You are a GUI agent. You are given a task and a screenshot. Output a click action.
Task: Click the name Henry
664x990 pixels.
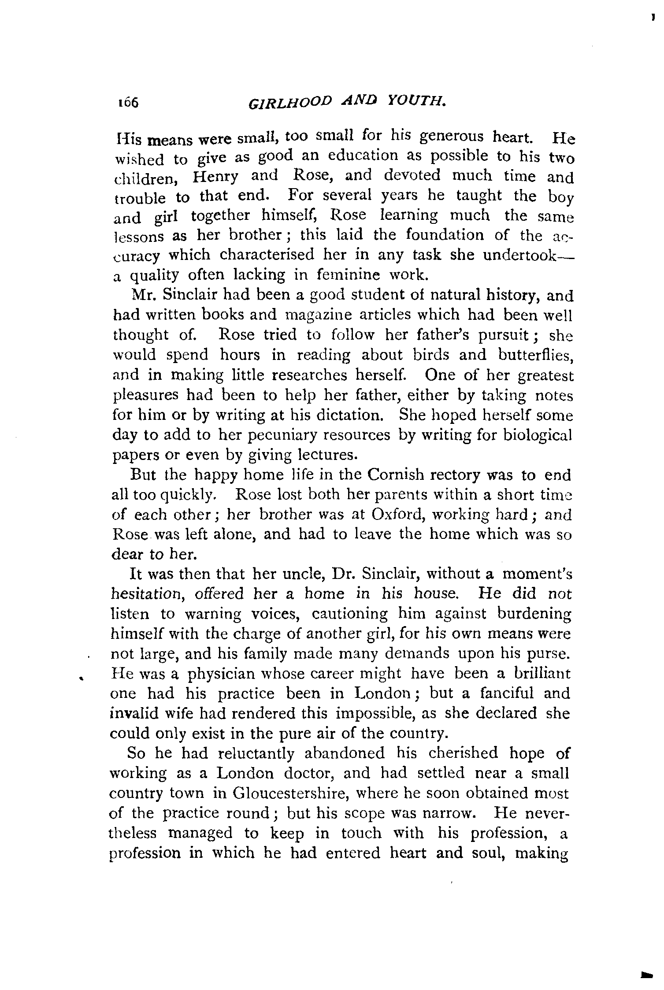pyautogui.click(x=215, y=177)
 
